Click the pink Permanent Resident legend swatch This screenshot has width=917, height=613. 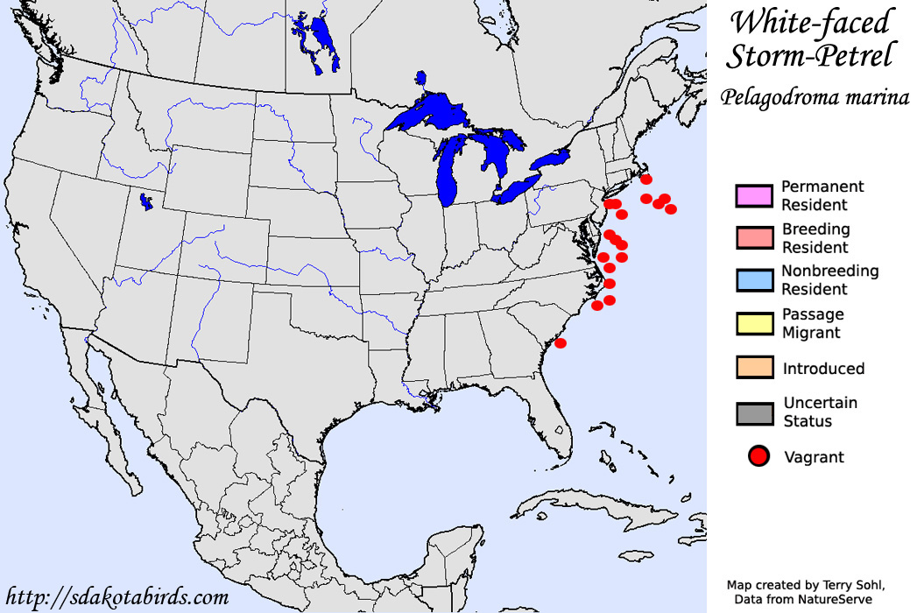[754, 195]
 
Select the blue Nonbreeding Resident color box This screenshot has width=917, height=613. [754, 280]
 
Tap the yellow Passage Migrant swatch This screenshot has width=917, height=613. [754, 323]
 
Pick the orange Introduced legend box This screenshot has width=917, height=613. [754, 368]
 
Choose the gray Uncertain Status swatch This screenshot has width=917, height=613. [754, 412]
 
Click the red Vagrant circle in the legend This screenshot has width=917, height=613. [758, 456]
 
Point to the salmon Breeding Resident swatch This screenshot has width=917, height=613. [754, 237]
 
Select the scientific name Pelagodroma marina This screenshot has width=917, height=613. [815, 97]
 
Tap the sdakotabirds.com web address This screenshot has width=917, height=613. [116, 597]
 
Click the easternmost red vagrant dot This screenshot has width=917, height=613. [671, 208]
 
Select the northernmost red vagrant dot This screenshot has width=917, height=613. [646, 180]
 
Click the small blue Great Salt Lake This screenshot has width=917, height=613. [145, 203]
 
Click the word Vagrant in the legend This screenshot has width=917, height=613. [814, 456]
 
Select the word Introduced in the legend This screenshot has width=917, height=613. [823, 368]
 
